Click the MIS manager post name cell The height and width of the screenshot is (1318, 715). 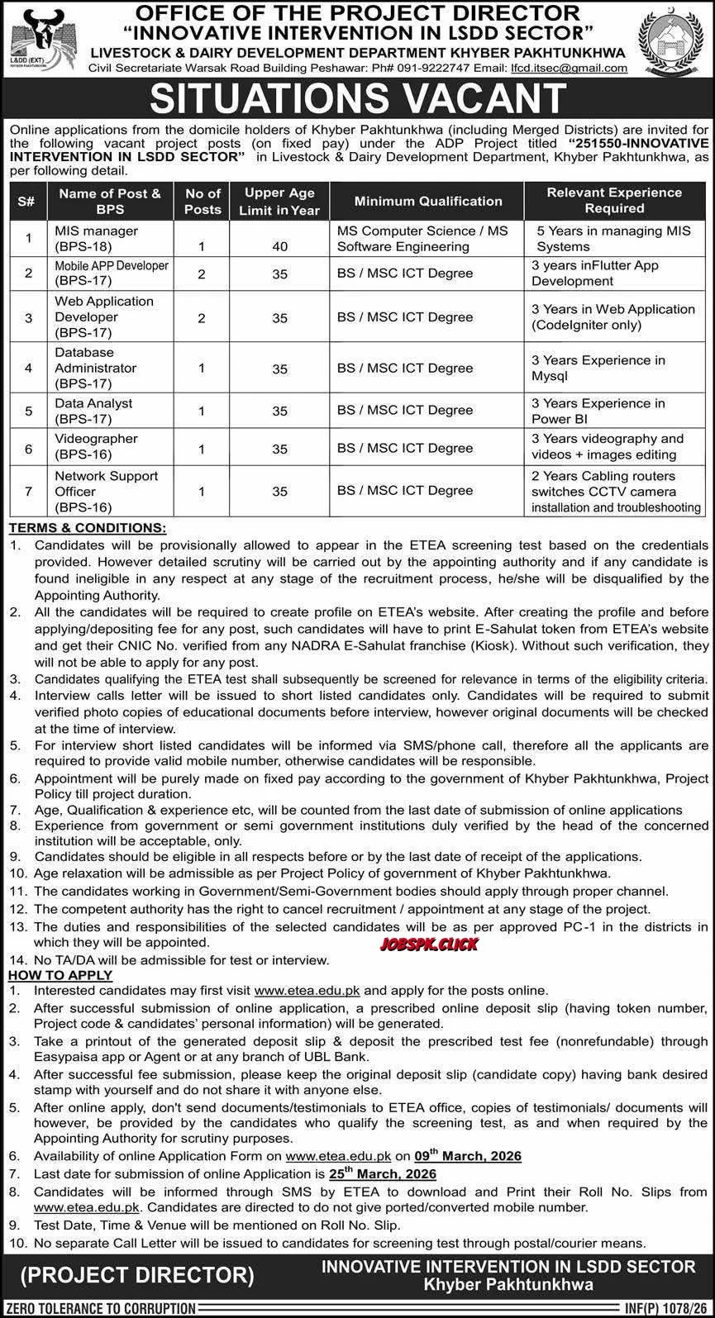[x=97, y=238]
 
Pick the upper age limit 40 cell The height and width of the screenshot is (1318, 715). [x=279, y=246]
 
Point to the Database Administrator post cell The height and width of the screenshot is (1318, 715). [x=96, y=368]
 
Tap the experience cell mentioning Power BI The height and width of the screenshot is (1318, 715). [x=598, y=410]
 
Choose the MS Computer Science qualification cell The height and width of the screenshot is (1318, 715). [x=422, y=238]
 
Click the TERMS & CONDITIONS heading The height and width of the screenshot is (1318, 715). [x=88, y=527]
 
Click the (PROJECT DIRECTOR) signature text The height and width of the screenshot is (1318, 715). [x=136, y=1274]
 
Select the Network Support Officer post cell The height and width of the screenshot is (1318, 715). [x=107, y=491]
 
